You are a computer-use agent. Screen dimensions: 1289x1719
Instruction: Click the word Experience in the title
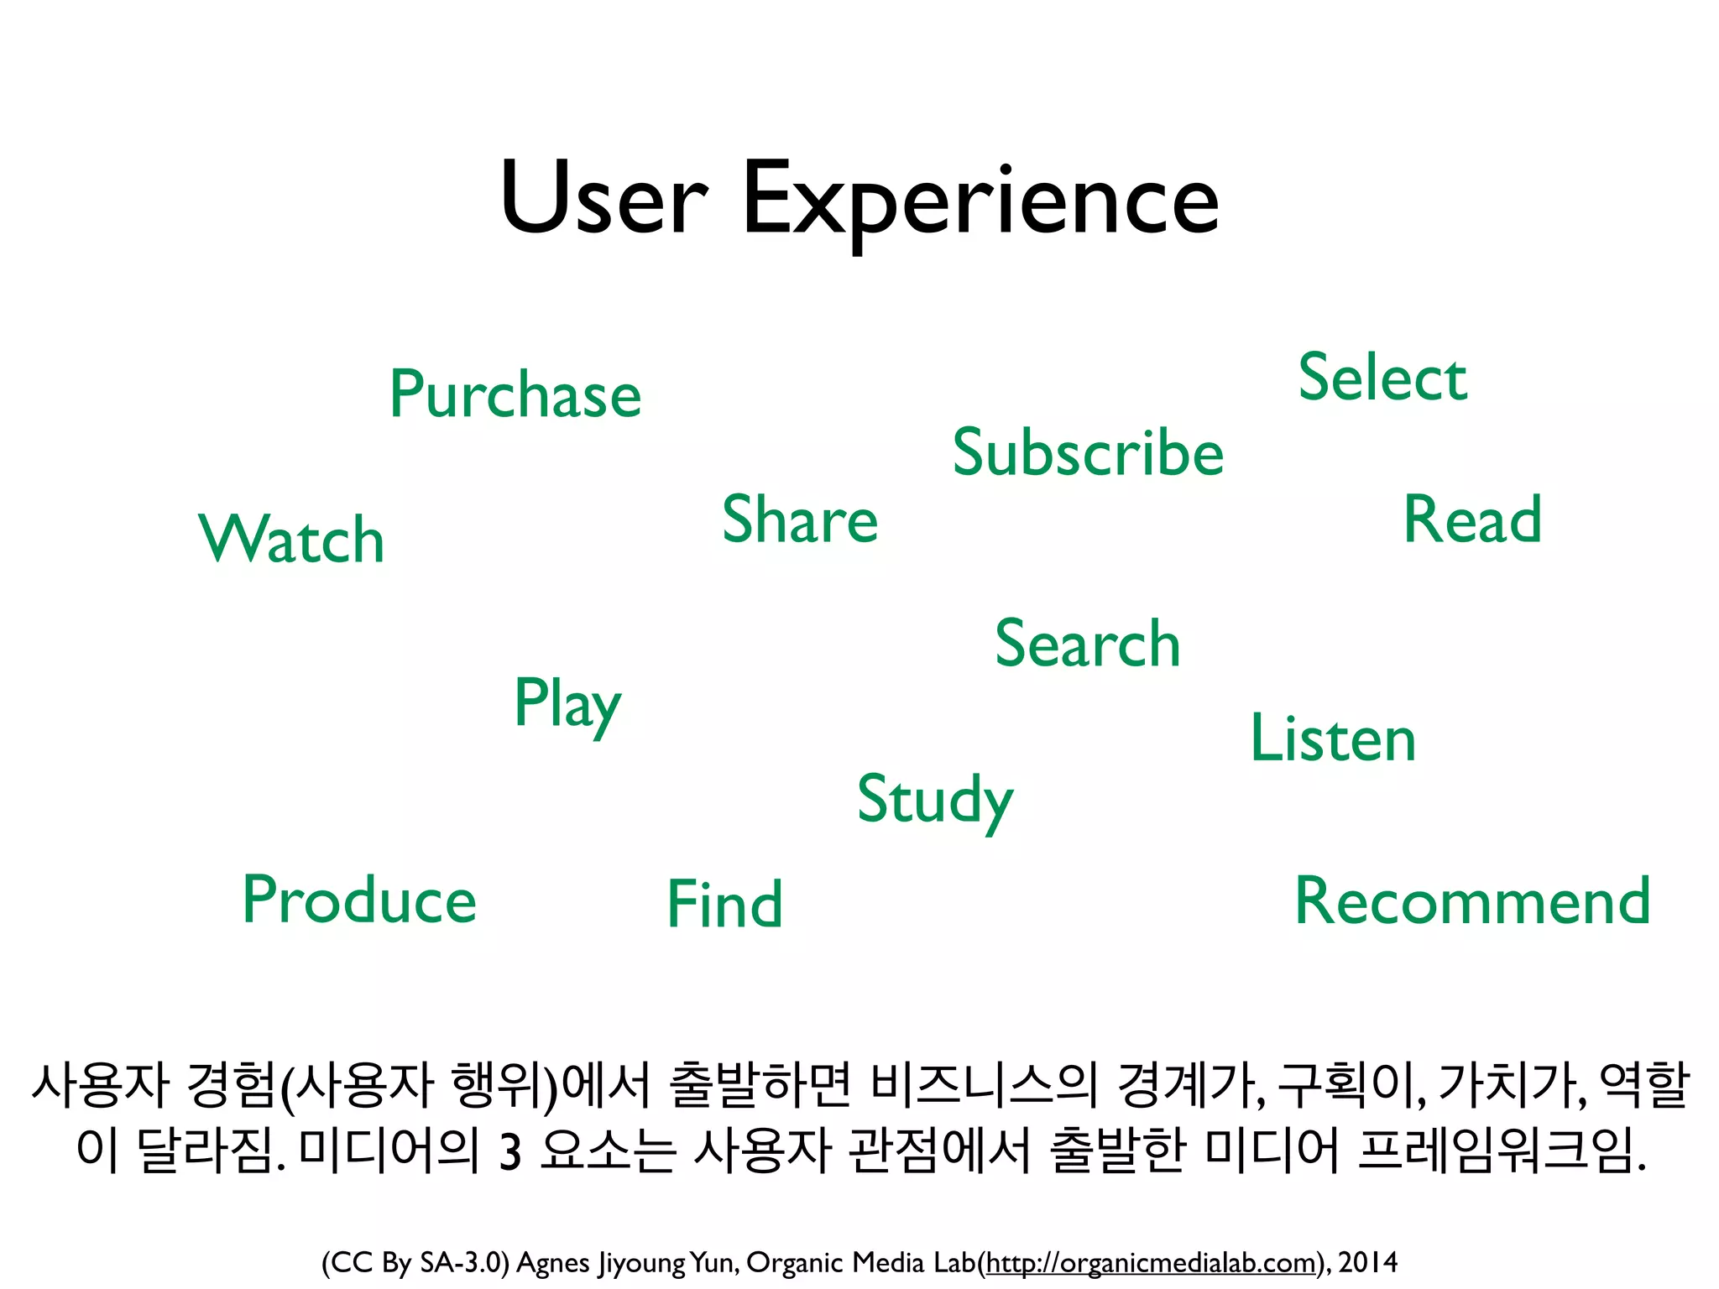tap(980, 201)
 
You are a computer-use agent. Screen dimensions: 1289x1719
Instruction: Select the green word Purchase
tap(515, 394)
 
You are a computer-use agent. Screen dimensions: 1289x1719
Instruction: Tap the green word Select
tap(1382, 378)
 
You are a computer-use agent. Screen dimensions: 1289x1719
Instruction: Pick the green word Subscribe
tap(1088, 452)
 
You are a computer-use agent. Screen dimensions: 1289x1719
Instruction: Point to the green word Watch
tap(291, 539)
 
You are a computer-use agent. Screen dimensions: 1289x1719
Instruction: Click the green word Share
tap(799, 519)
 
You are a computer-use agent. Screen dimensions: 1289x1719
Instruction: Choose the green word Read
tap(1472, 519)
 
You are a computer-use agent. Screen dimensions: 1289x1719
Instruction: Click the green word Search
tap(1087, 644)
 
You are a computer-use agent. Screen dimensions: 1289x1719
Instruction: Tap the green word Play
tap(567, 705)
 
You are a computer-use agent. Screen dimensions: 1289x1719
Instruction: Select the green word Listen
tap(1333, 738)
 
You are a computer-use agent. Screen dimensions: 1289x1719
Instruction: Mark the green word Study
tap(934, 800)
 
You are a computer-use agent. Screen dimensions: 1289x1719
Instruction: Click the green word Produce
tap(359, 900)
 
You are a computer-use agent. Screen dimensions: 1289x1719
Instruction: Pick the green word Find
tap(724, 905)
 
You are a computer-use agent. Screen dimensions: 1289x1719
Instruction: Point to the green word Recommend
tap(1472, 901)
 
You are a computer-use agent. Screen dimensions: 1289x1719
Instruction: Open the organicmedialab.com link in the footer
tap(1149, 1262)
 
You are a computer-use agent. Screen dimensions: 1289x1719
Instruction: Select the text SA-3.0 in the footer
tap(464, 1262)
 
